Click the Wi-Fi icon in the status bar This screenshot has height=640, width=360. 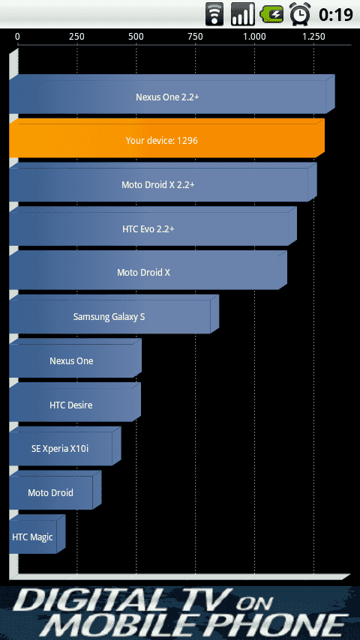click(214, 14)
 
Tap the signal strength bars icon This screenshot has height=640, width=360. click(243, 14)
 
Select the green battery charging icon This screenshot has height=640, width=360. click(271, 15)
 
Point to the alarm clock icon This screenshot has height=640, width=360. click(300, 14)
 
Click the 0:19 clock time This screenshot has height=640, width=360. click(336, 15)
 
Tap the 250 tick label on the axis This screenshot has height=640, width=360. click(76, 37)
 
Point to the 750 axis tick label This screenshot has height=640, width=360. click(195, 37)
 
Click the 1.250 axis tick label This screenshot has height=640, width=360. click(313, 37)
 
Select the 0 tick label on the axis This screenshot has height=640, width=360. click(17, 37)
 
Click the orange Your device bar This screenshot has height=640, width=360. click(166, 138)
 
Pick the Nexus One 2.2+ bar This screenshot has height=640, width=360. click(172, 94)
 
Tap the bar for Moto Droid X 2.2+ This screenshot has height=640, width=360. click(163, 182)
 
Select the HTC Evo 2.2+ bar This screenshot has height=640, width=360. click(153, 226)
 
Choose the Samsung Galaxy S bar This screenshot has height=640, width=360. click(114, 314)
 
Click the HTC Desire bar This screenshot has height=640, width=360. click(75, 402)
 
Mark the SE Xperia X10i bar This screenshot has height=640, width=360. click(65, 446)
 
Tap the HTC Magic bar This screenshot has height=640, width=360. click(37, 534)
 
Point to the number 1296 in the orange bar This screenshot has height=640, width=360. click(187, 140)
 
